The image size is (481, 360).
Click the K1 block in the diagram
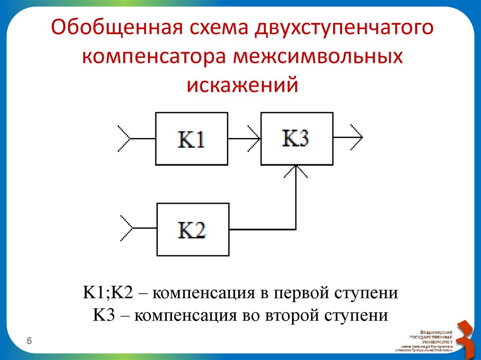coord(192,139)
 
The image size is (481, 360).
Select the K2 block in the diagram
coord(193,230)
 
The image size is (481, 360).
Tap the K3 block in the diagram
coord(297,138)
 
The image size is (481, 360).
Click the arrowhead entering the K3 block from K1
coord(256,139)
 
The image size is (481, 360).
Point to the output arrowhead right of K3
coord(357,138)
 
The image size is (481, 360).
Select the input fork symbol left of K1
coord(124,139)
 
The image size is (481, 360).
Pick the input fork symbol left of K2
coord(126,229)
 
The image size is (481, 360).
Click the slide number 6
coord(29,340)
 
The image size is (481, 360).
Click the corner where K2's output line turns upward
coord(296,230)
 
